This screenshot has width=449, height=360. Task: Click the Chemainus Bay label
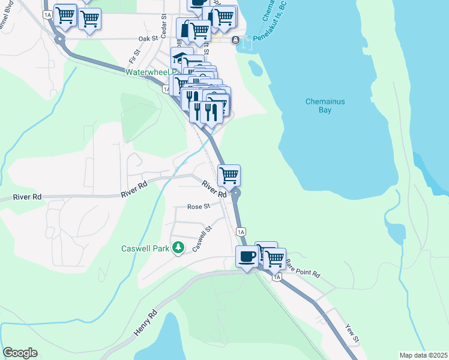coord(325,106)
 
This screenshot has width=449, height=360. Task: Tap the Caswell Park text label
coord(146,248)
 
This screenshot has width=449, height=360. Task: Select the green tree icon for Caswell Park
coord(178,247)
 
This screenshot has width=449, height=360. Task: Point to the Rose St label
coord(198,206)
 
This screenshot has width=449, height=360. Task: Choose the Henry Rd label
coord(145,322)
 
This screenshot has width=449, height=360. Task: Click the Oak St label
coord(147,38)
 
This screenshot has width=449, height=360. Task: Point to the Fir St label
coord(133,57)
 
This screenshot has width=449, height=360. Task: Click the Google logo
coord(20,353)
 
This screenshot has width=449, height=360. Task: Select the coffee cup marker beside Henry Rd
coord(247,257)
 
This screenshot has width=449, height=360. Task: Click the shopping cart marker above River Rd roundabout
coord(229,176)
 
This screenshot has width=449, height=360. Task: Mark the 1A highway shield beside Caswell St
coord(241,232)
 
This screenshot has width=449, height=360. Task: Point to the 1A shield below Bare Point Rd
coord(276,277)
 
